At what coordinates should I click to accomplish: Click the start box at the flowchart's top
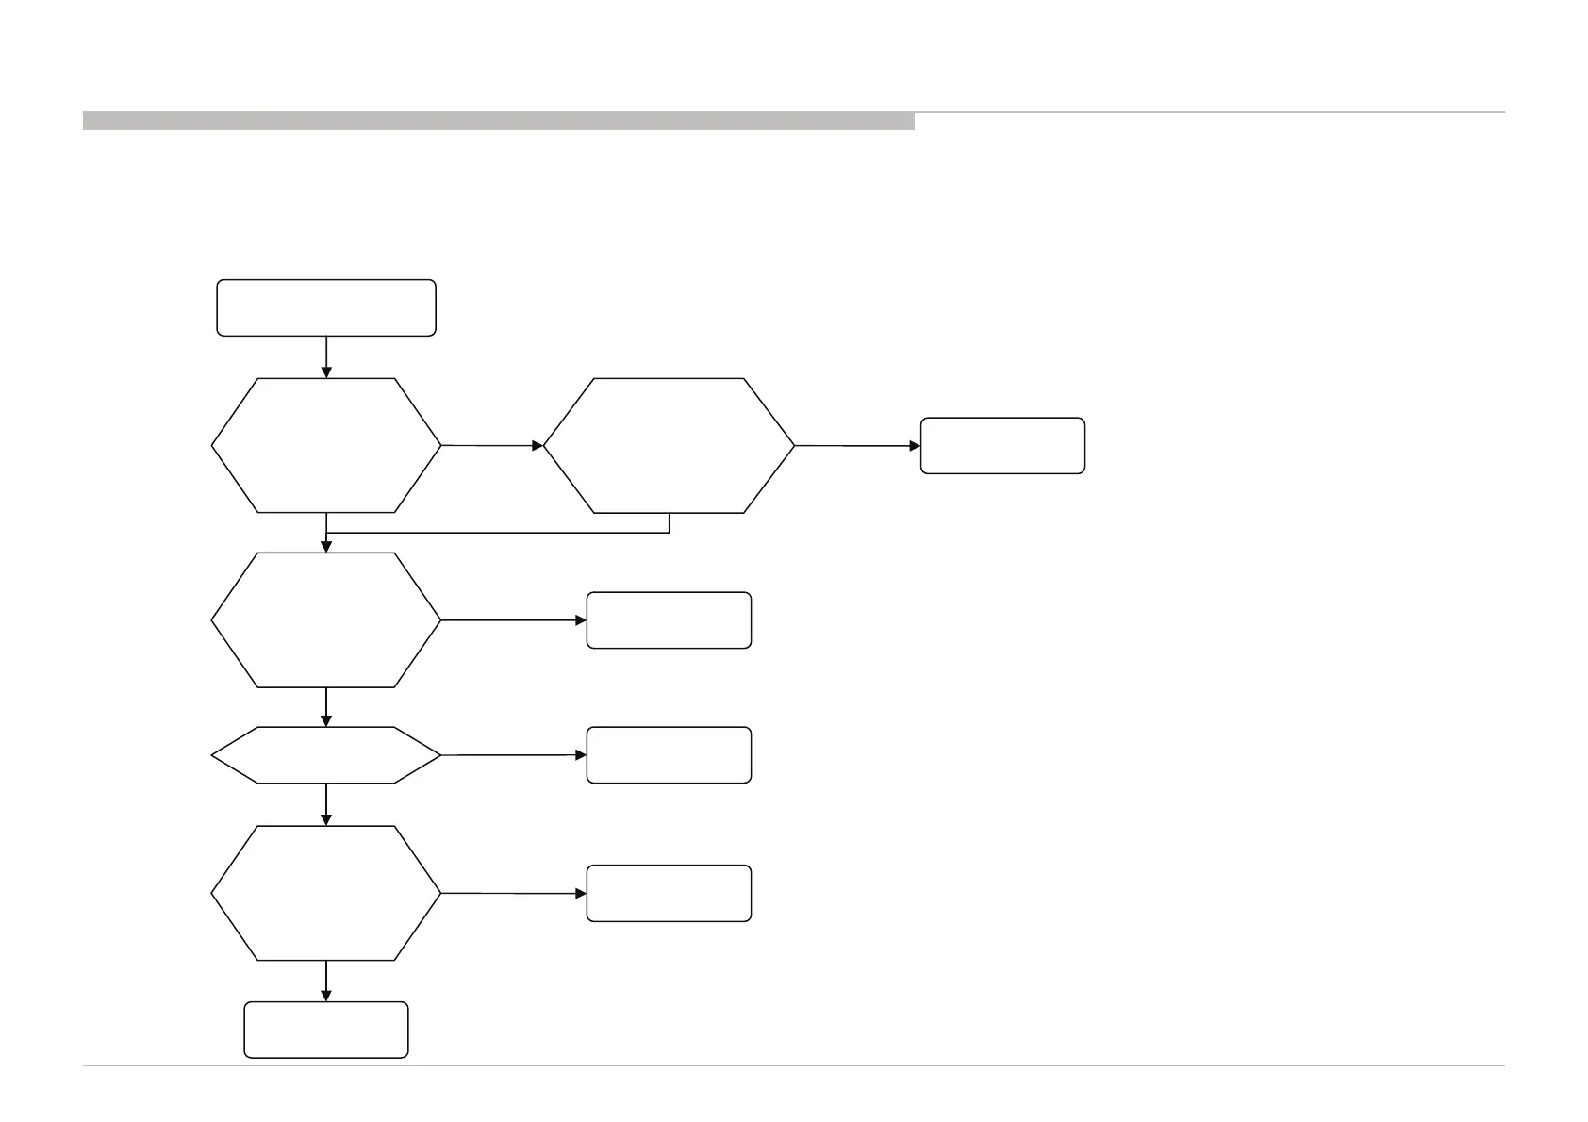point(326,307)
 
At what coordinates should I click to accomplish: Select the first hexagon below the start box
point(326,445)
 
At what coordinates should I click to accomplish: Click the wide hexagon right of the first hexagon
point(670,445)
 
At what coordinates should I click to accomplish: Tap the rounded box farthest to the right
point(1002,445)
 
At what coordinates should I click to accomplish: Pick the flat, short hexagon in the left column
point(326,755)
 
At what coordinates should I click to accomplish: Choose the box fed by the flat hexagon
point(669,755)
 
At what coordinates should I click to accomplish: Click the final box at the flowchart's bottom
point(326,1030)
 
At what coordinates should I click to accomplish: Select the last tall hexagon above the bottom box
point(326,893)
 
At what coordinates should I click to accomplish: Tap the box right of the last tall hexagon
point(669,893)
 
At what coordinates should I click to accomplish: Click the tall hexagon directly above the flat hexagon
point(326,619)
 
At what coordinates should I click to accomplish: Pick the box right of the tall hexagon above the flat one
point(669,620)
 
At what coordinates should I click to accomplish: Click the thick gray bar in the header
point(498,121)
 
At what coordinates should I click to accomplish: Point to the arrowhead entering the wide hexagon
point(538,445)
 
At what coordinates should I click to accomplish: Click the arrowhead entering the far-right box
point(915,445)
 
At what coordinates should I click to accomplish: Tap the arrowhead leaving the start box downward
point(326,372)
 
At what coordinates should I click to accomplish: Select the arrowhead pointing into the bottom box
point(326,996)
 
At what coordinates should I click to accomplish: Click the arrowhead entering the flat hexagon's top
point(326,721)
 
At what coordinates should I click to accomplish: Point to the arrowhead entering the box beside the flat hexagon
point(581,755)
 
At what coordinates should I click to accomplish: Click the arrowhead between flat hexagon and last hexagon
point(326,820)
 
